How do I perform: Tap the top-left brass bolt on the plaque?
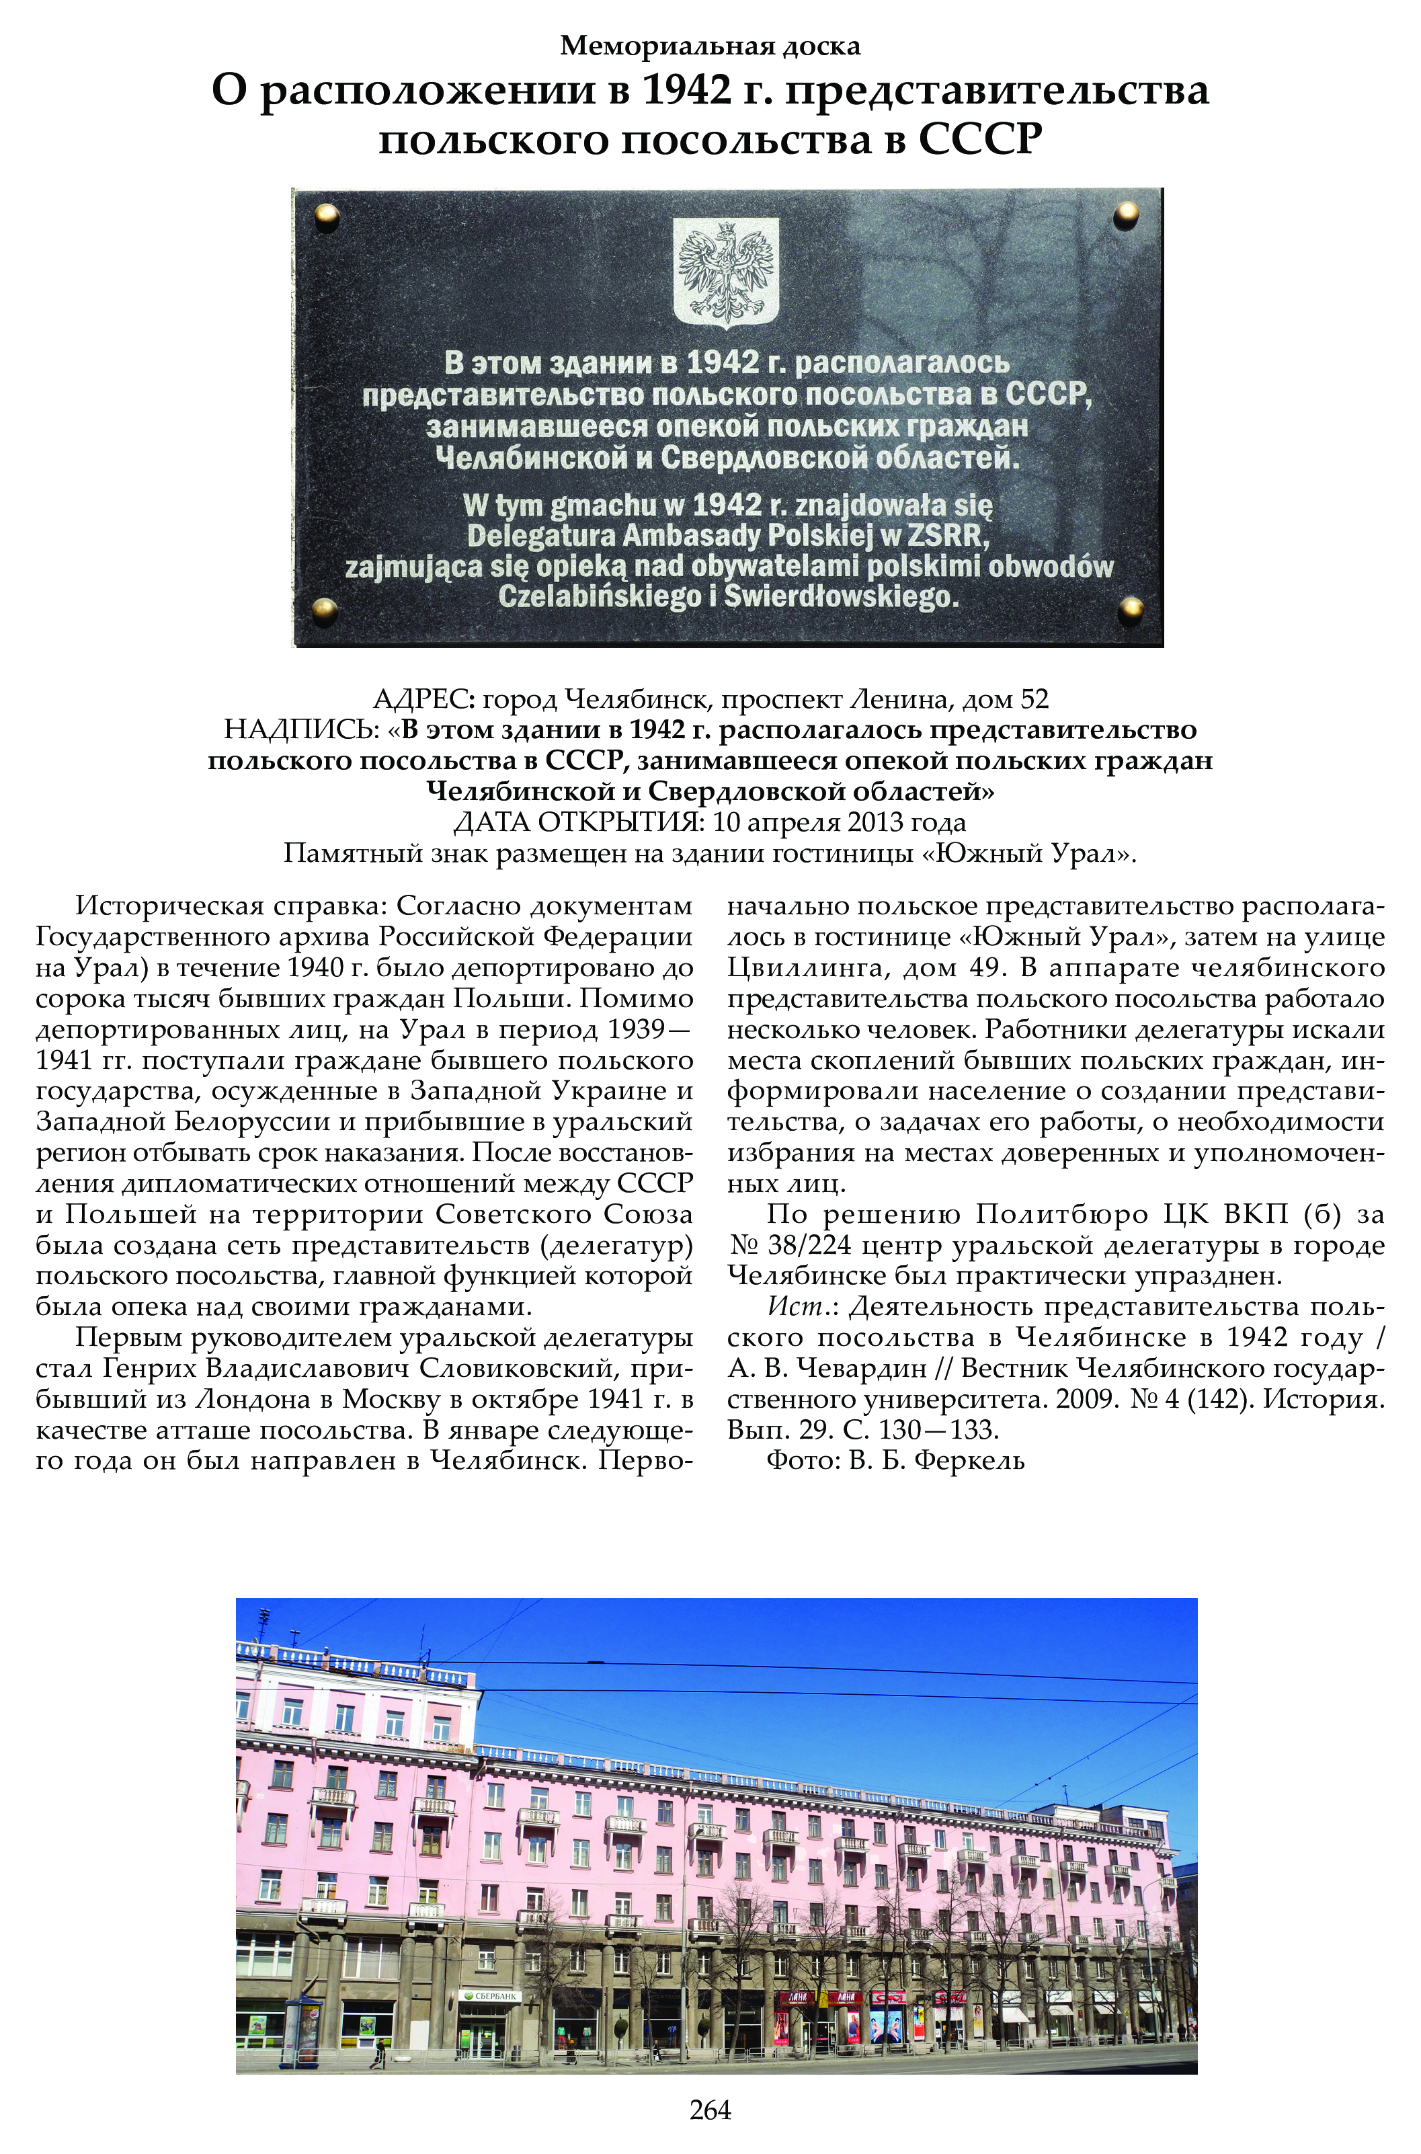tap(326, 216)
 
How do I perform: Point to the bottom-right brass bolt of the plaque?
tap(1130, 609)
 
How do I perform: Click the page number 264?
tap(710, 2110)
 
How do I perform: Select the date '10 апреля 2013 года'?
tap(839, 823)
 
